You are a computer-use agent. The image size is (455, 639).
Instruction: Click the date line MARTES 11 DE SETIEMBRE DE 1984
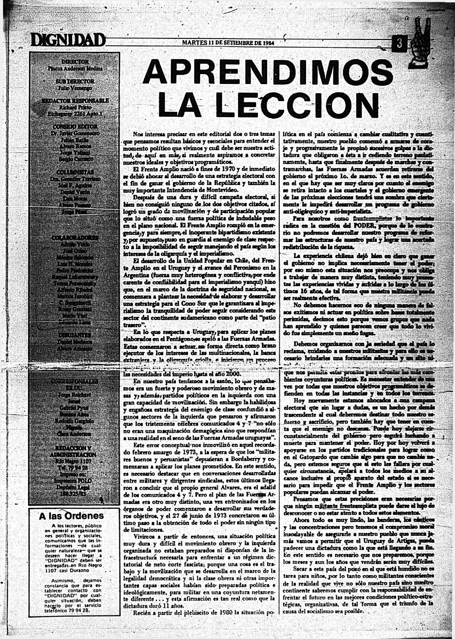point(228,43)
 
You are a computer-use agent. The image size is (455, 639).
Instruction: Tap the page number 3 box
point(400,43)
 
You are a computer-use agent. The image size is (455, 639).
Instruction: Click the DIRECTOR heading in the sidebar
point(75,61)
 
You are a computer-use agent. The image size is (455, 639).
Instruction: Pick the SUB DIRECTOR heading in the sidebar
point(75,81)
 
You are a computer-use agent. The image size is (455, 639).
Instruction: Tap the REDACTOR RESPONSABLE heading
point(75,101)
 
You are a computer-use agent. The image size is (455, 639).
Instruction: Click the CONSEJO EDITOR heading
point(75,127)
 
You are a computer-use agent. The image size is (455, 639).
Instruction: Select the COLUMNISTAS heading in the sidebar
point(75,172)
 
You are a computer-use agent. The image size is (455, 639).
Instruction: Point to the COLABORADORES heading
point(75,238)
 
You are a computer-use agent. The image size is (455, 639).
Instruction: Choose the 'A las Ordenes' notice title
point(71,516)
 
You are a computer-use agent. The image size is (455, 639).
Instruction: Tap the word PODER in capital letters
point(365,226)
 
